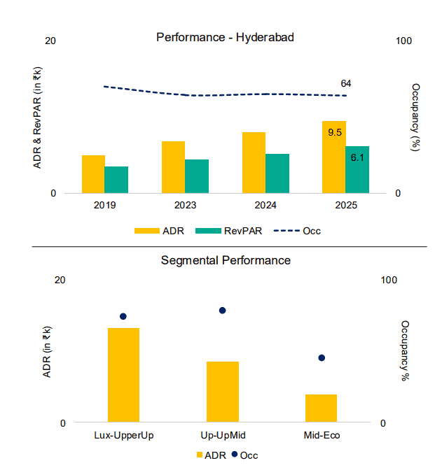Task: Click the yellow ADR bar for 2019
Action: pyautogui.click(x=93, y=174)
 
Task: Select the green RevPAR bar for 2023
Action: pyautogui.click(x=197, y=176)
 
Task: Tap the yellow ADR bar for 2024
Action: pyautogui.click(x=254, y=162)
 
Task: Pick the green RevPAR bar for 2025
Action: pyautogui.click(x=357, y=170)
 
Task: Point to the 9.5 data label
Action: pyautogui.click(x=334, y=132)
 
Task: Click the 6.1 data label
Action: pyautogui.click(x=357, y=157)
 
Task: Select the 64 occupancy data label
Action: pyautogui.click(x=346, y=84)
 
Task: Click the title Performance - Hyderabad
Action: pyautogui.click(x=225, y=37)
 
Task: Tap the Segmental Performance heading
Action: pyautogui.click(x=226, y=260)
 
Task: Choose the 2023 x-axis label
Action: pyautogui.click(x=185, y=206)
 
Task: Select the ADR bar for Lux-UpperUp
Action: pyautogui.click(x=123, y=375)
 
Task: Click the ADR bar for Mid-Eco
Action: pyautogui.click(x=322, y=408)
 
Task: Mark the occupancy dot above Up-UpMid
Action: pyautogui.click(x=223, y=311)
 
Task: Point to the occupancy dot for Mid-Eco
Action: pyautogui.click(x=322, y=358)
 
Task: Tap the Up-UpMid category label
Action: pyautogui.click(x=223, y=435)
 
